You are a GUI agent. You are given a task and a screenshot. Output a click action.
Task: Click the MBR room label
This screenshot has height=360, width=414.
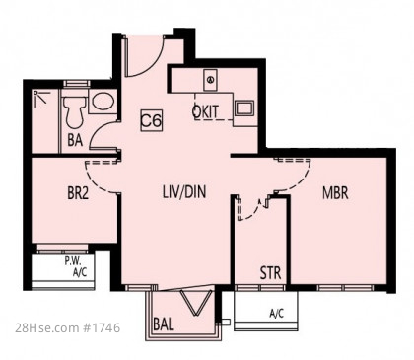click(335, 193)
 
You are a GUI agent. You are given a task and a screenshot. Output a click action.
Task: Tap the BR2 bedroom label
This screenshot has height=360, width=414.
click(78, 193)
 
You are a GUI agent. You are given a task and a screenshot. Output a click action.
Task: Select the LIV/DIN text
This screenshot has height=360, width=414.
click(184, 192)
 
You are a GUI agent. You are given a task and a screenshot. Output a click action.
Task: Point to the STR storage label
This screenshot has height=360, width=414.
click(270, 273)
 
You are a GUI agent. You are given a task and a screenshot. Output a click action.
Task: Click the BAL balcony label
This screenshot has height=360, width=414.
click(164, 324)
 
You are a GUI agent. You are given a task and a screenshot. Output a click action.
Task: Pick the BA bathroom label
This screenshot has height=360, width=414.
click(75, 140)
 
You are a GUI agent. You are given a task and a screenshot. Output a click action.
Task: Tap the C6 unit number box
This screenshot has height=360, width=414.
click(152, 121)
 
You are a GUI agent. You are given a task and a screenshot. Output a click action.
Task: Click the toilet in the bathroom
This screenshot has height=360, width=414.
click(75, 111)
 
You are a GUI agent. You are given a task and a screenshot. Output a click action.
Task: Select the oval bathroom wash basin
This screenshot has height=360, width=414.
click(103, 102)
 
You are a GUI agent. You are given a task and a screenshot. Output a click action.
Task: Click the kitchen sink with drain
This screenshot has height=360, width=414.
click(211, 80)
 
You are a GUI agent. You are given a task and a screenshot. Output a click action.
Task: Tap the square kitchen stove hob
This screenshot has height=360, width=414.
click(244, 108)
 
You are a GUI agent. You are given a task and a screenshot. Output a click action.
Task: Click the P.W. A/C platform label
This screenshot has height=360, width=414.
click(76, 267)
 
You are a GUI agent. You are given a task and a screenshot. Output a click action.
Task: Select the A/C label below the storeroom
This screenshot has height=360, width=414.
click(277, 314)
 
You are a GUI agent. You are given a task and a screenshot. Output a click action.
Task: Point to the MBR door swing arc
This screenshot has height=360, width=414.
click(300, 182)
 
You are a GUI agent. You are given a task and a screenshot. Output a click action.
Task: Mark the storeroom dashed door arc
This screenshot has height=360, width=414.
click(252, 214)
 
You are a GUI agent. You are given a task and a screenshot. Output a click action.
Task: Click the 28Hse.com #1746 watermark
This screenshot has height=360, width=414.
click(68, 327)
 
